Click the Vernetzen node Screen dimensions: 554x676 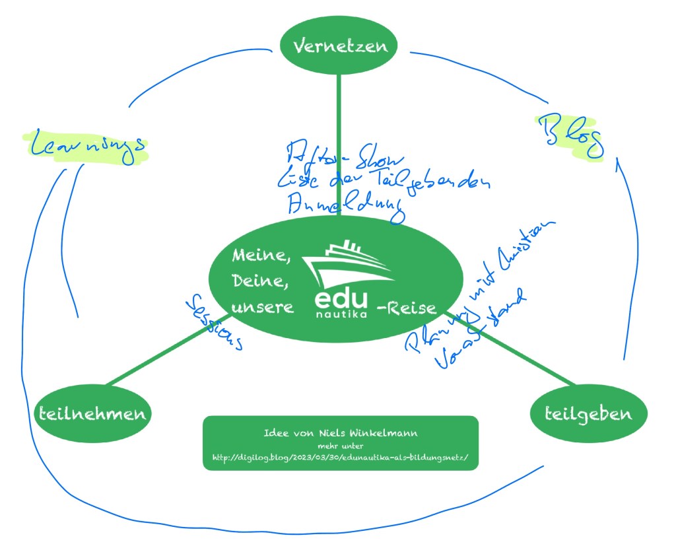pyautogui.click(x=339, y=46)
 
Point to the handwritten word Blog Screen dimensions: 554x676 pyautogui.click(x=569, y=134)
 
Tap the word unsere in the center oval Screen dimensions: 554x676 pyautogui.click(x=262, y=308)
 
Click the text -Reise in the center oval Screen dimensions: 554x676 pyautogui.click(x=406, y=308)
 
